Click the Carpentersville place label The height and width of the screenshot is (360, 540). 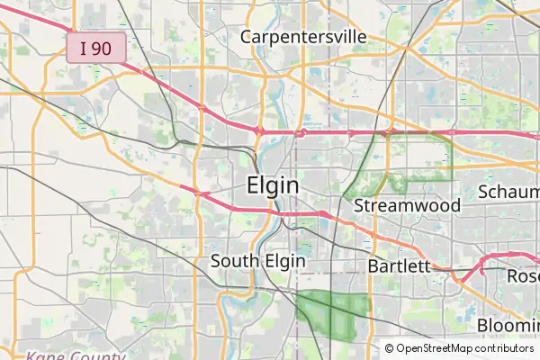303,37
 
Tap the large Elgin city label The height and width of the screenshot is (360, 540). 273,185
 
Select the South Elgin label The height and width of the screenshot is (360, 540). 257,262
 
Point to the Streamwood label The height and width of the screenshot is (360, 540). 407,205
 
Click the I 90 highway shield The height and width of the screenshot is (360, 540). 95,49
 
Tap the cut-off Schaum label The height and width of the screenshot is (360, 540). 508,193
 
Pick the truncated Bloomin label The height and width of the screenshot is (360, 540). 508,325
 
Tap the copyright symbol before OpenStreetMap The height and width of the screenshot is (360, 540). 390,348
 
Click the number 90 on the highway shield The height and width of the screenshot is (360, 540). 103,49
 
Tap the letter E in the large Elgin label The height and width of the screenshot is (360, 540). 253,185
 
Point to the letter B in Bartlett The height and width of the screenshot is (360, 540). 373,266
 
